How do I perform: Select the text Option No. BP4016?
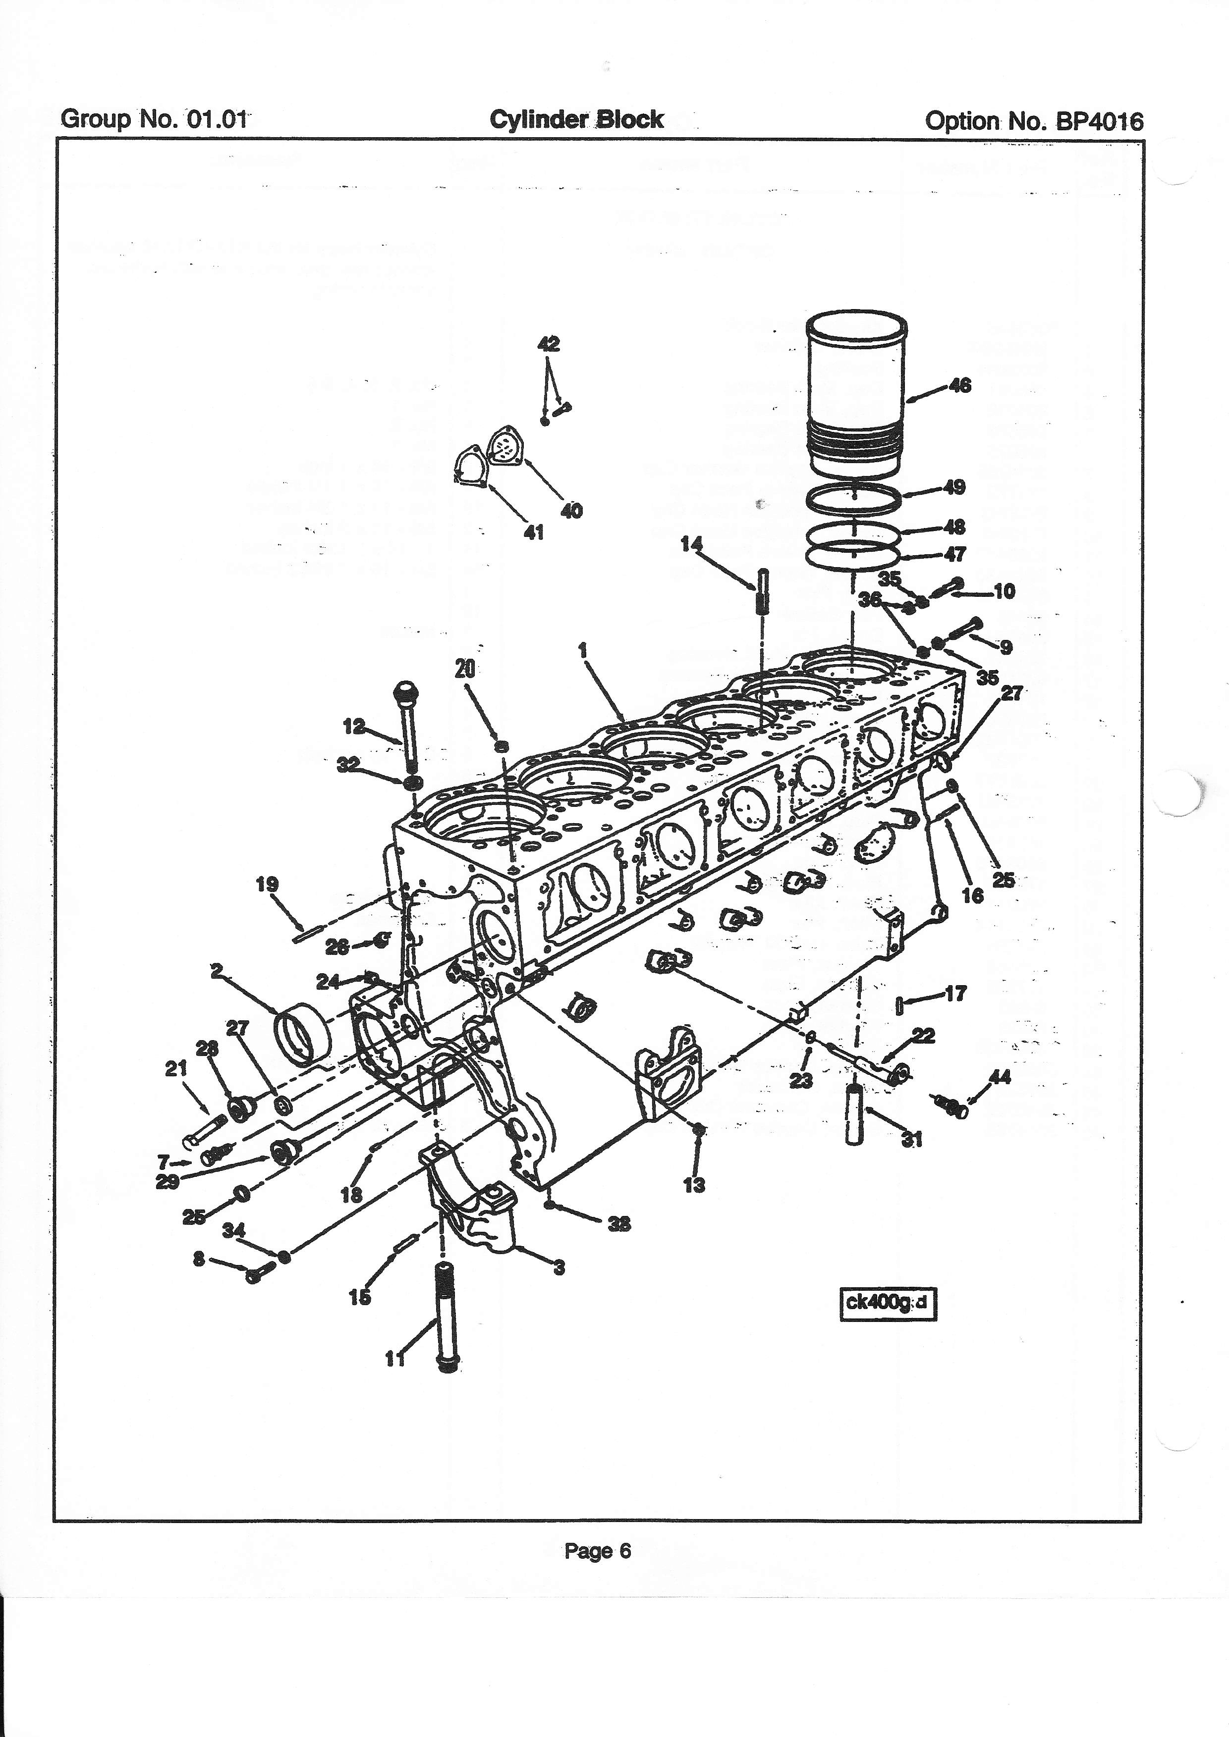click(x=1034, y=121)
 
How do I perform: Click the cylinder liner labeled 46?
click(x=856, y=393)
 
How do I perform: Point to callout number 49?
click(x=955, y=486)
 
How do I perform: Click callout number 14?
click(x=691, y=544)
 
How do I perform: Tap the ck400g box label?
click(x=889, y=1303)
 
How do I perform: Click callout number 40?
click(x=571, y=511)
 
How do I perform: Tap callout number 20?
click(x=465, y=668)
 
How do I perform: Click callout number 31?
click(x=913, y=1139)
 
